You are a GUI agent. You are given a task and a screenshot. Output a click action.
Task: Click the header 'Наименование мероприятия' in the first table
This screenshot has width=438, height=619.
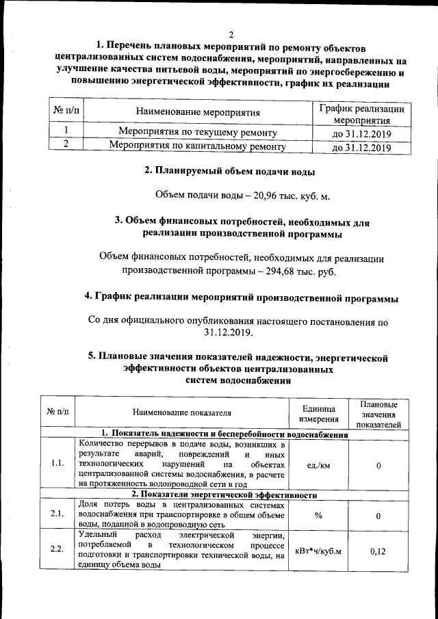(x=198, y=113)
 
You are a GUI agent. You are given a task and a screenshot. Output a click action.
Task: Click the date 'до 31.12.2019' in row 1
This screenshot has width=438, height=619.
(x=361, y=132)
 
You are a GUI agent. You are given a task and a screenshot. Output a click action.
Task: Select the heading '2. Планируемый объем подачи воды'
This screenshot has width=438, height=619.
(x=229, y=171)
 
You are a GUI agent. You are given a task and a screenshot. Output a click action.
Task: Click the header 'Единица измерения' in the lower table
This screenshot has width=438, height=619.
(x=319, y=413)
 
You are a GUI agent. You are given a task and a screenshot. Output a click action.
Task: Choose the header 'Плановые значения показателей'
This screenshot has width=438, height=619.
(x=378, y=414)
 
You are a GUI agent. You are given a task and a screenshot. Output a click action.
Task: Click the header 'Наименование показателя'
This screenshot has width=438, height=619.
(x=182, y=412)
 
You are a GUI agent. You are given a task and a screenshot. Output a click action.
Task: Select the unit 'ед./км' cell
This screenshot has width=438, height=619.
(x=319, y=465)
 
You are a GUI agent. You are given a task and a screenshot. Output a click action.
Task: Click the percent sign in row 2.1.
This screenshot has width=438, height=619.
(x=319, y=516)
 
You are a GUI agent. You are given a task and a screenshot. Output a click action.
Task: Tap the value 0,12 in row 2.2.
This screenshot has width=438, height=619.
(x=378, y=550)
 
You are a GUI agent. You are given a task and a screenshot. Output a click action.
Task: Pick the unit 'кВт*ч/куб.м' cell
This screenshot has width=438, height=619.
(x=319, y=550)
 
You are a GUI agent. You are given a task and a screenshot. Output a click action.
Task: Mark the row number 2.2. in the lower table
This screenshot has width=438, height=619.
(x=58, y=550)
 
